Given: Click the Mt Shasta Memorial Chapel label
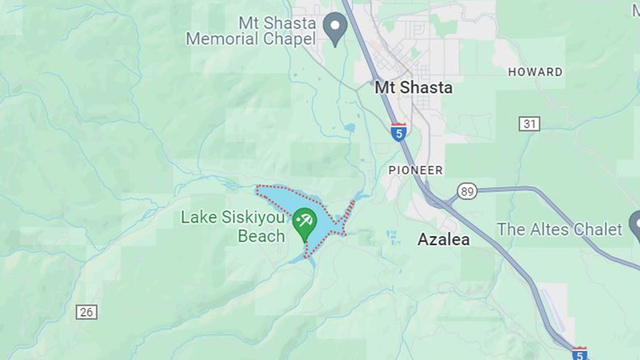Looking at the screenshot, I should (251, 31).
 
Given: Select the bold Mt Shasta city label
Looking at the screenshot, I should (413, 87).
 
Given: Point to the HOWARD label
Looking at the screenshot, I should (535, 72).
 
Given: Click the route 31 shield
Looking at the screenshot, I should (529, 124).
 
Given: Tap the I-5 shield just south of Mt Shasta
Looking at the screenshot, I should (398, 131).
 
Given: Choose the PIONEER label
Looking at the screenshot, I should (415, 170).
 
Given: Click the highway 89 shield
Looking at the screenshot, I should (467, 191).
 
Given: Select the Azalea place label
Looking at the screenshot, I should (443, 240).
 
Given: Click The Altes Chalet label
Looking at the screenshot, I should (559, 229).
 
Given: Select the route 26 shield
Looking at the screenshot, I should (86, 312).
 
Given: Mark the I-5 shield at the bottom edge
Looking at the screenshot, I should (580, 353).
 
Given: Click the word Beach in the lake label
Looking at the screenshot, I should (261, 236).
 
